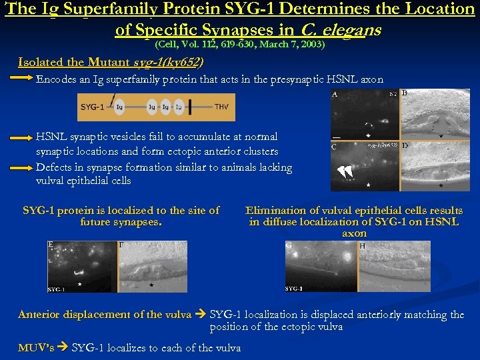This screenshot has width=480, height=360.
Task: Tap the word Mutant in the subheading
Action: point(106,63)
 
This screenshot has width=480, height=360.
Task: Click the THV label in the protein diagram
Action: point(221,107)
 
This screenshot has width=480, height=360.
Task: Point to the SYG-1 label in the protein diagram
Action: point(91,107)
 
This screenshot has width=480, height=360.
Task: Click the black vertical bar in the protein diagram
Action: point(191,107)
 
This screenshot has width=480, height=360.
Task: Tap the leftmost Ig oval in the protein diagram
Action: point(119,107)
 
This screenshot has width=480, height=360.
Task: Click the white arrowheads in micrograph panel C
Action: point(345,172)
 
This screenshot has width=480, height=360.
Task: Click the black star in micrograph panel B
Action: point(441,135)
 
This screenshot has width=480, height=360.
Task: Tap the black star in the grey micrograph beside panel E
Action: point(151,285)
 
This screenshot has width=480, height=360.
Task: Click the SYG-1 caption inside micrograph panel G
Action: point(294,289)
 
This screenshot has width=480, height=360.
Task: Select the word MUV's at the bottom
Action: point(37,347)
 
